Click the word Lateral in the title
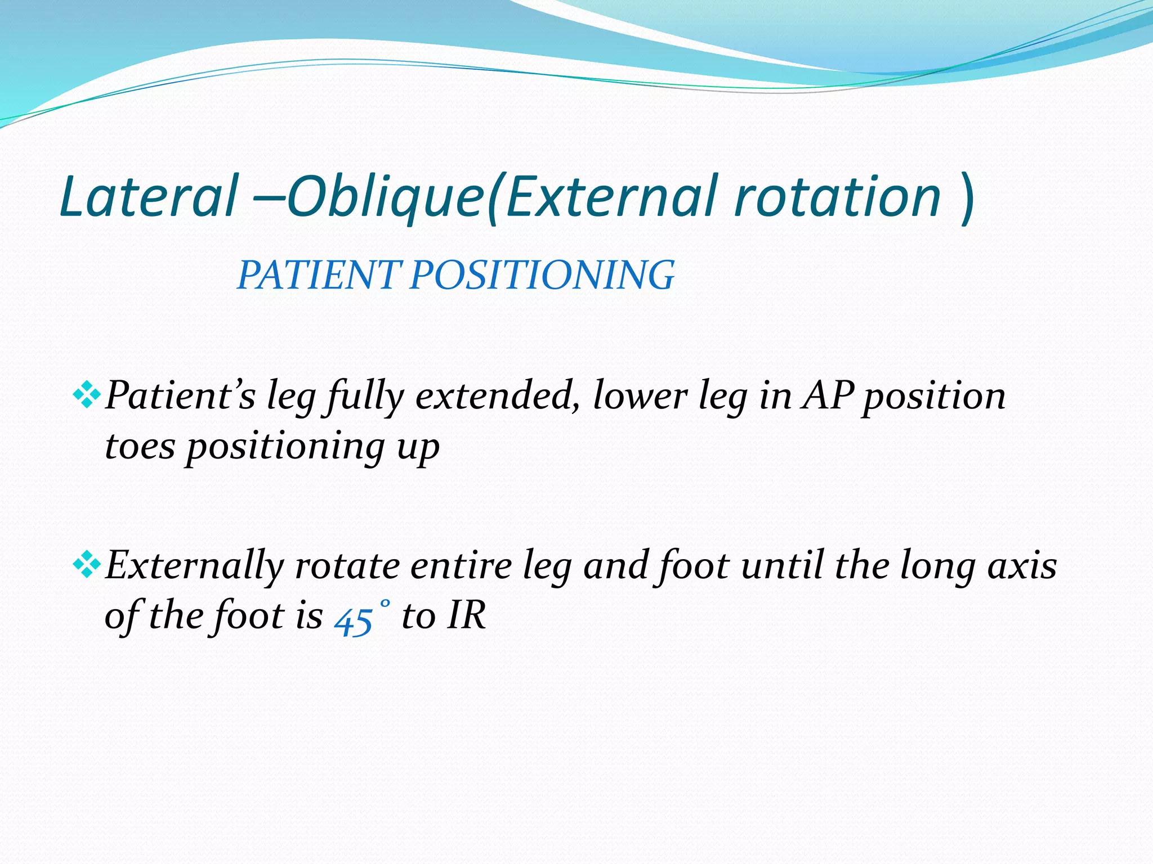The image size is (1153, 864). [x=148, y=196]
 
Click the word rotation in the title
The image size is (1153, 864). [x=837, y=196]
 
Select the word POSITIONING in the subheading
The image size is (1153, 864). [x=542, y=276]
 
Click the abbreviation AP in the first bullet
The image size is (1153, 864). [x=828, y=395]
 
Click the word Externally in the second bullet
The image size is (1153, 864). [x=195, y=565]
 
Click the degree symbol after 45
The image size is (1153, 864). [x=384, y=603]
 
